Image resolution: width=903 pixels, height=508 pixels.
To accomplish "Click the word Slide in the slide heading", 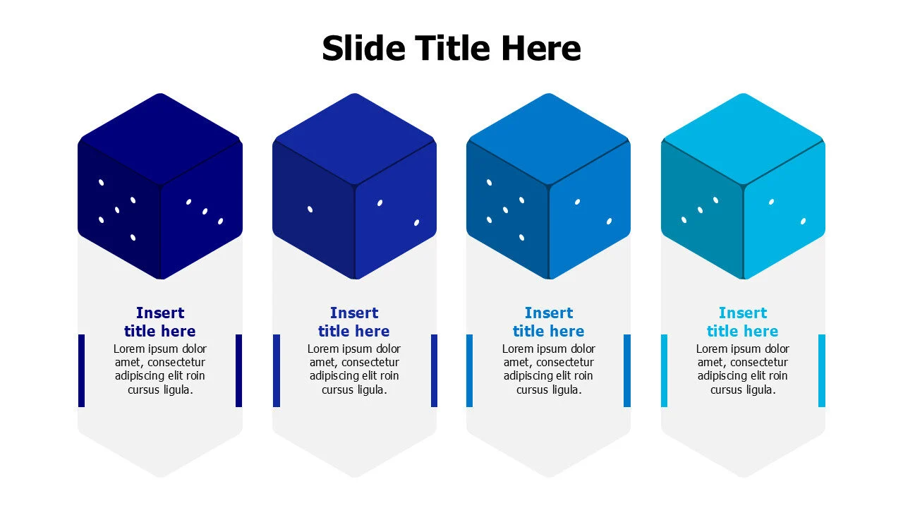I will [x=363, y=49].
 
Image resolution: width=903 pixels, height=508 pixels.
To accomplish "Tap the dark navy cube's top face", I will [x=160, y=138].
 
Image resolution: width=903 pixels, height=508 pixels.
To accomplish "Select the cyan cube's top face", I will [x=743, y=138].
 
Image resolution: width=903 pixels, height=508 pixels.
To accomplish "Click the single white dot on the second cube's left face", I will [x=310, y=209].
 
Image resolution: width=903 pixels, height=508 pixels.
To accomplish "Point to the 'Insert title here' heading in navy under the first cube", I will [x=160, y=322].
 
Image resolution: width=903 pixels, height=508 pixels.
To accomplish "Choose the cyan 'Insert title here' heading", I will [x=743, y=322].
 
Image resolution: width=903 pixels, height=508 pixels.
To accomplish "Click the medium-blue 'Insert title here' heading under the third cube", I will [x=549, y=322].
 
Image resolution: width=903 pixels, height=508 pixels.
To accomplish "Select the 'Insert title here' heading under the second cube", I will [x=354, y=322].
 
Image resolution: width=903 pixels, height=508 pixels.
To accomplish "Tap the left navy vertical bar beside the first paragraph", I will [x=81, y=370].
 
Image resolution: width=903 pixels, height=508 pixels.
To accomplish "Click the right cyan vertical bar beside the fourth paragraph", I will [x=822, y=370].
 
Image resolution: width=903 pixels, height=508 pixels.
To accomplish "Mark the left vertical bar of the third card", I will [x=470, y=370].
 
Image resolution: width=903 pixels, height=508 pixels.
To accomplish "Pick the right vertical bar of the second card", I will [x=434, y=370].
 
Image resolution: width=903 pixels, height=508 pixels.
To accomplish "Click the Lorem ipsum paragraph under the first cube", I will [x=160, y=369].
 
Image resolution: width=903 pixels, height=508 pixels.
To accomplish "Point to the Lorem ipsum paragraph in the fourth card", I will [x=743, y=369].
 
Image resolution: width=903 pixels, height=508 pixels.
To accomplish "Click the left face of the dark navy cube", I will [x=119, y=212].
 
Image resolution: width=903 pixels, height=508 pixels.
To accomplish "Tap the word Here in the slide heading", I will [x=541, y=49].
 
